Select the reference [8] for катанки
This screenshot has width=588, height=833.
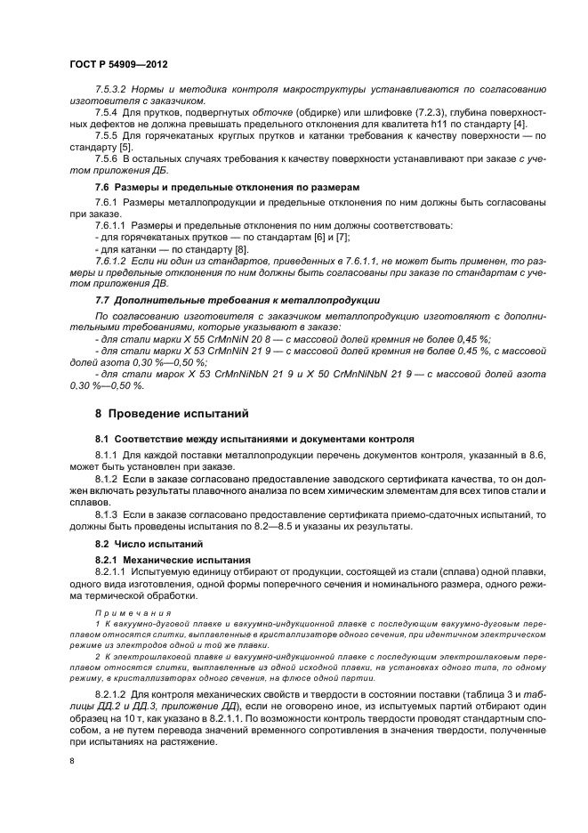[x=216, y=248]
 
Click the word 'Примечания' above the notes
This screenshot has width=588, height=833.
[x=125, y=612]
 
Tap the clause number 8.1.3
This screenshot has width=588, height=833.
[x=108, y=514]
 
